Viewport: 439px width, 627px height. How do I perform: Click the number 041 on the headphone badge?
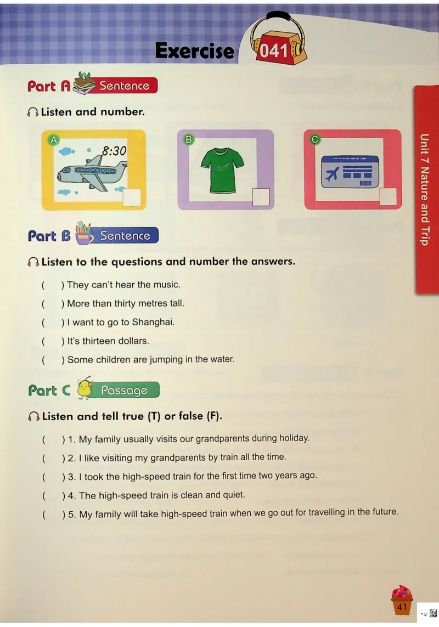(x=274, y=51)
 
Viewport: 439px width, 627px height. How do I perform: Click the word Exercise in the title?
(x=194, y=51)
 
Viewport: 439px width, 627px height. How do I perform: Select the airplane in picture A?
(x=92, y=173)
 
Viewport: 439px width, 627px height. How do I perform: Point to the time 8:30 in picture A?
(x=114, y=151)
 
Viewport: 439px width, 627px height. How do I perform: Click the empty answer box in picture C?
(x=387, y=197)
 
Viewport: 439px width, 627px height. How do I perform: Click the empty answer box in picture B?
(x=261, y=197)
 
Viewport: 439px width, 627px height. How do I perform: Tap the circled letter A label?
(x=54, y=140)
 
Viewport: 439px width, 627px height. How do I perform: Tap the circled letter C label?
(x=315, y=139)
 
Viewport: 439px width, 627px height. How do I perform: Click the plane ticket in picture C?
(x=350, y=172)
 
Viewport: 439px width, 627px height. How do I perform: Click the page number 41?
(x=402, y=607)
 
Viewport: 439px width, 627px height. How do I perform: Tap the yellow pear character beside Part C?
(x=85, y=388)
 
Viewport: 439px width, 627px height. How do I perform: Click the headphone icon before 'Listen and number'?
(x=33, y=112)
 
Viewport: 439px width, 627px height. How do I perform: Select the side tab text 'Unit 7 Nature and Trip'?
(x=425, y=189)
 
